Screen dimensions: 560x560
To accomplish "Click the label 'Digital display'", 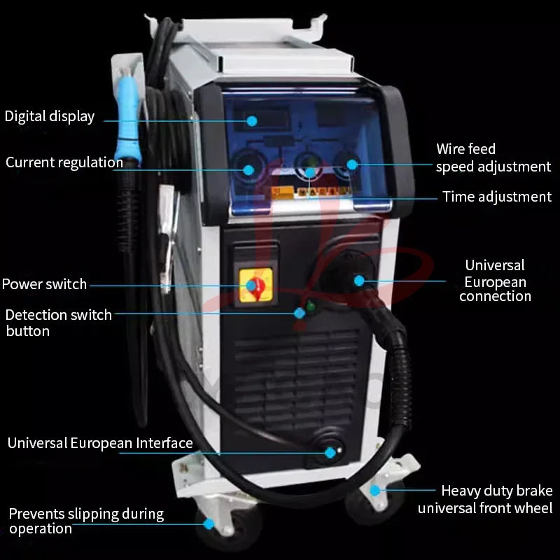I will coord(49,116).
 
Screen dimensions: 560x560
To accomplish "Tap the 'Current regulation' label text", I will coord(64,162).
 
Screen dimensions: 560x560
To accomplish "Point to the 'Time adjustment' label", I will coord(497,197).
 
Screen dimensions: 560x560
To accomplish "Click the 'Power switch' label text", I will coord(44,284).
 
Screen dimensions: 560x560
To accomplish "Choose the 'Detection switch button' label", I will coord(58,323).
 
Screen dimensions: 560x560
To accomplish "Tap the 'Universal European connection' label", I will coord(495,281).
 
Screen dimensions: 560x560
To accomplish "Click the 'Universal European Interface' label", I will coord(100,443).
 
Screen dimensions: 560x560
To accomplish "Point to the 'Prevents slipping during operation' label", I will coord(85,521).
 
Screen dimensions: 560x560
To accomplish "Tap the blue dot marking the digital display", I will coord(252,121).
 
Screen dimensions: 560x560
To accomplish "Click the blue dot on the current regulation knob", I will coord(248,169).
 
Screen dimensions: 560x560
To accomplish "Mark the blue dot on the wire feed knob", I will coord(352,165).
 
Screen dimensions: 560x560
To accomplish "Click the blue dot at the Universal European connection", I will coord(359,281).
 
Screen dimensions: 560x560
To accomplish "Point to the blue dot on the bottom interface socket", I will coord(330,453).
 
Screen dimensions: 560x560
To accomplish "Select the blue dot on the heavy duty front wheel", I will coord(375,491).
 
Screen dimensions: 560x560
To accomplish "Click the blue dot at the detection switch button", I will coord(300,313).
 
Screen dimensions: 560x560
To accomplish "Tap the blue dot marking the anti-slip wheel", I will coord(208,523).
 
